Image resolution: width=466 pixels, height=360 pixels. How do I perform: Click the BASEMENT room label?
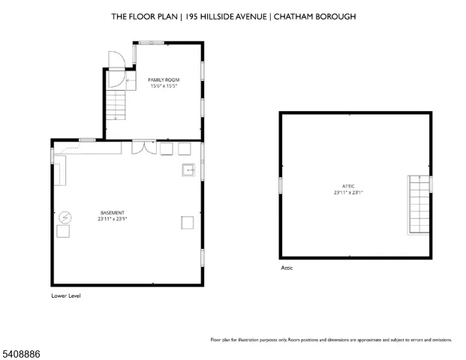(112, 213)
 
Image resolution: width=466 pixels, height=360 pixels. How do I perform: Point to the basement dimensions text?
(112, 219)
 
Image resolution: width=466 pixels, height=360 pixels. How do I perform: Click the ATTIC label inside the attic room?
(349, 186)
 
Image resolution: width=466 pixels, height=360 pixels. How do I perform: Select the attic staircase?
(419, 205)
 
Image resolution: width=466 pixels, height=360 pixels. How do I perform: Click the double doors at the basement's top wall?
(140, 147)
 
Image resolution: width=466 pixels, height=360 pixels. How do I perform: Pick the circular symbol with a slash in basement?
(65, 217)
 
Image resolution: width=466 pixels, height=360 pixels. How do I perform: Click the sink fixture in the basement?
(188, 171)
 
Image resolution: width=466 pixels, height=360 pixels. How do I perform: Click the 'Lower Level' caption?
(65, 295)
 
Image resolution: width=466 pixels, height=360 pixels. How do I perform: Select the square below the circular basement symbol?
(63, 232)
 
